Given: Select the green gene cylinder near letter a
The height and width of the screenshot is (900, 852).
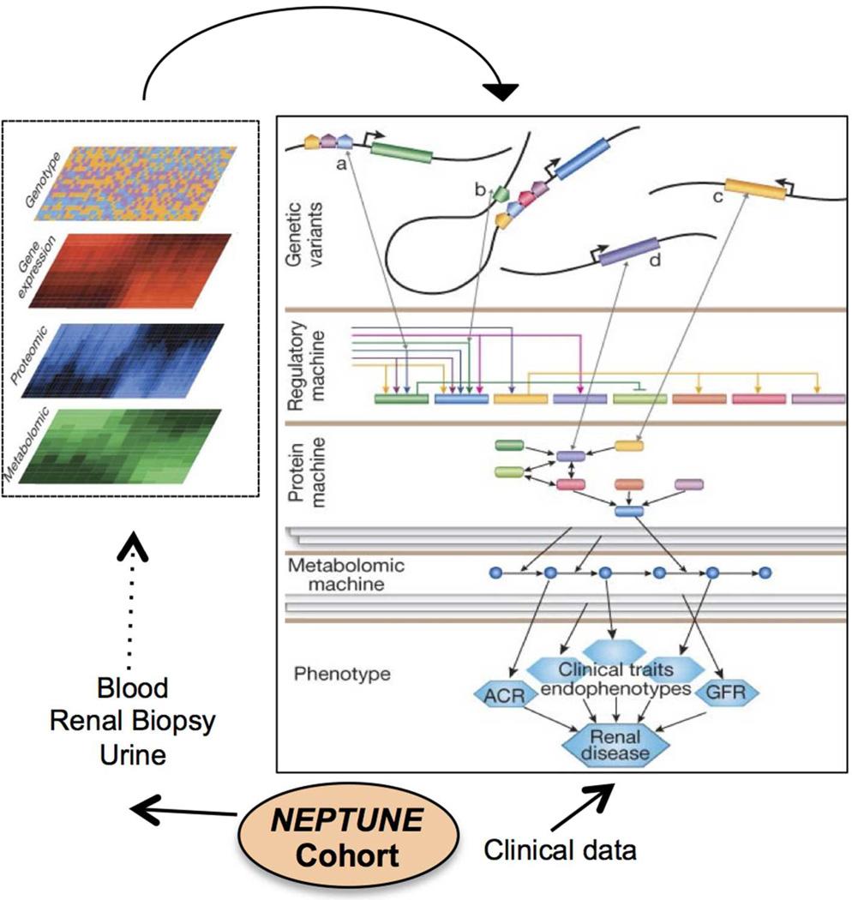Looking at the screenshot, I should click(x=402, y=152).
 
